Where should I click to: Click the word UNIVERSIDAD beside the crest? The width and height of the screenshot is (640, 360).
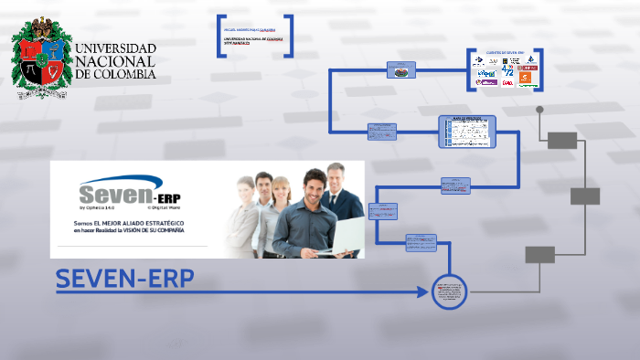click(x=115, y=48)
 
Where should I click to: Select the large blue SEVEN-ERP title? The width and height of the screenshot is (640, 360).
click(x=125, y=280)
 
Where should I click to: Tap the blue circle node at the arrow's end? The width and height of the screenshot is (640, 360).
click(x=449, y=292)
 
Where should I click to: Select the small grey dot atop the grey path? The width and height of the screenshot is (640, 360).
click(x=539, y=110)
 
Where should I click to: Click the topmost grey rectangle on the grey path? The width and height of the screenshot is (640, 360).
click(x=562, y=140)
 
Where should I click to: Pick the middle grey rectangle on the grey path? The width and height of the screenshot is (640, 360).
click(x=584, y=196)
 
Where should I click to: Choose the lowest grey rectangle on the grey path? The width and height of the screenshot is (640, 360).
click(x=539, y=254)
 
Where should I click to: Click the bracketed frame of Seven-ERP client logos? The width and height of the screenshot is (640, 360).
click(x=505, y=69)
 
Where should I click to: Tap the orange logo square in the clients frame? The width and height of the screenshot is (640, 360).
click(x=524, y=79)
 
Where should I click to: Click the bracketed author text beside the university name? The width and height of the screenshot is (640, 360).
click(x=255, y=36)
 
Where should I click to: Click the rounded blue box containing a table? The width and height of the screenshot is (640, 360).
click(x=466, y=132)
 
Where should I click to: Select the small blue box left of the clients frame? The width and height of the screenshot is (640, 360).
click(x=401, y=69)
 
